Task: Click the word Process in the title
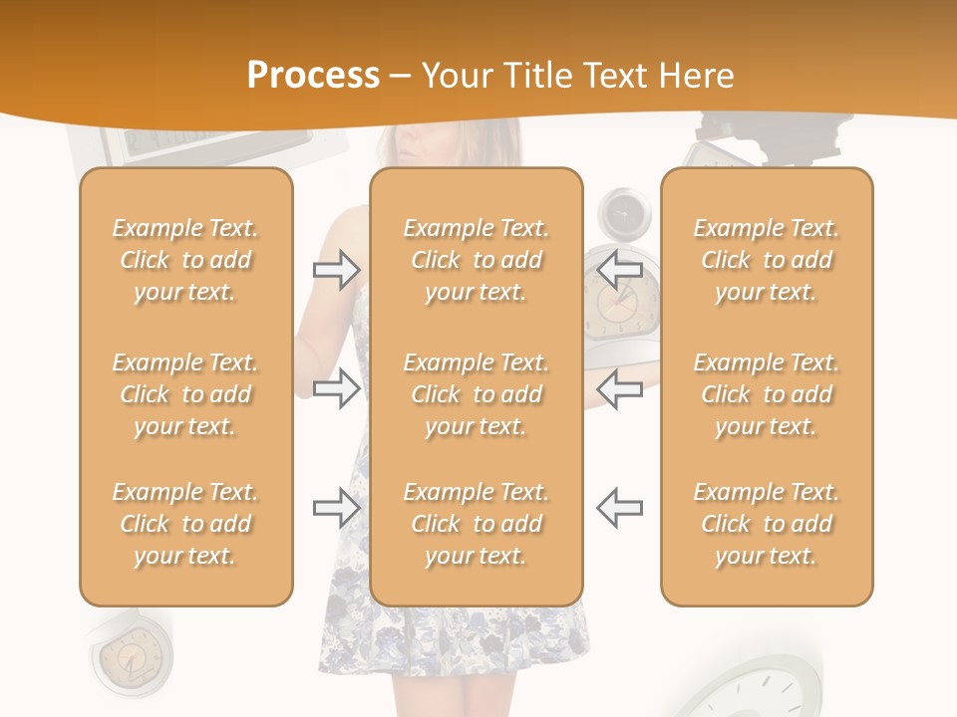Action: [313, 75]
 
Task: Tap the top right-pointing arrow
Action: [337, 270]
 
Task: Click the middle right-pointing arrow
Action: [337, 388]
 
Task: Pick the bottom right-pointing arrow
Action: [337, 508]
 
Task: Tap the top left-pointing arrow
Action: [620, 269]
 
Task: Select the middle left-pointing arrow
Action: [620, 388]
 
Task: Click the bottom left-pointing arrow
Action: [620, 508]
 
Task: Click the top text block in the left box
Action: [185, 260]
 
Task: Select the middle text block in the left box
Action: [185, 394]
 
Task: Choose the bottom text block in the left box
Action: [185, 524]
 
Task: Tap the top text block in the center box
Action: [476, 260]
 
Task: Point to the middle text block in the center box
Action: [476, 394]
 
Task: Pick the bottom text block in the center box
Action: [476, 524]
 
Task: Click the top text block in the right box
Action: [766, 260]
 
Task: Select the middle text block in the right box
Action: [766, 394]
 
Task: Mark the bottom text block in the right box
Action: [766, 524]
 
